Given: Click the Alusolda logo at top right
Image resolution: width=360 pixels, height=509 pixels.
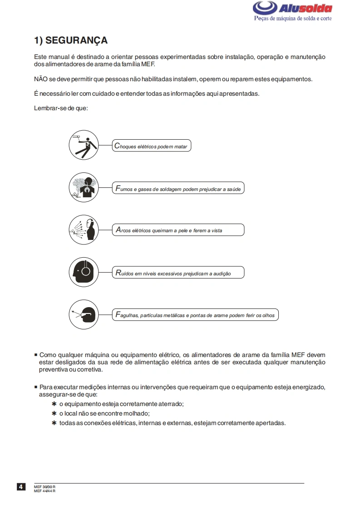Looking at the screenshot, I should (x=292, y=8).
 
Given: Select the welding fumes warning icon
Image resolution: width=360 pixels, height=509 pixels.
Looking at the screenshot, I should (x=84, y=187).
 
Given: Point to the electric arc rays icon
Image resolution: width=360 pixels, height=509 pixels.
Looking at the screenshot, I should (x=84, y=230).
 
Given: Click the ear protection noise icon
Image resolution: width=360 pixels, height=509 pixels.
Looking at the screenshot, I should (x=84, y=272).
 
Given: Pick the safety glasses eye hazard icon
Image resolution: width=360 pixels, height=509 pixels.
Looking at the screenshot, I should (x=84, y=314).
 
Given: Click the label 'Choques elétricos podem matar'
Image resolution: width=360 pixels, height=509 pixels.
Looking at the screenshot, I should (x=151, y=147).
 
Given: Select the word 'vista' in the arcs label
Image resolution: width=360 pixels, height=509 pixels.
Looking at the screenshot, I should (x=217, y=230).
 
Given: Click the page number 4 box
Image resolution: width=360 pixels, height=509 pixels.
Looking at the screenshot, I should (x=21, y=487).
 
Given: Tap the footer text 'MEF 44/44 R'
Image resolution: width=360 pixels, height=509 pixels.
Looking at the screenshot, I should (x=44, y=491).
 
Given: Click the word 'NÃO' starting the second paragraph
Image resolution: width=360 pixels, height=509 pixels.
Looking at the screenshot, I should (x=41, y=79).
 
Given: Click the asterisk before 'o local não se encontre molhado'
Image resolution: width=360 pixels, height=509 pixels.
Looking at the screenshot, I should (x=54, y=413).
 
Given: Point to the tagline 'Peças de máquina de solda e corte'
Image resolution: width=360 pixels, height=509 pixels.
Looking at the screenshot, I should (x=292, y=19).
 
